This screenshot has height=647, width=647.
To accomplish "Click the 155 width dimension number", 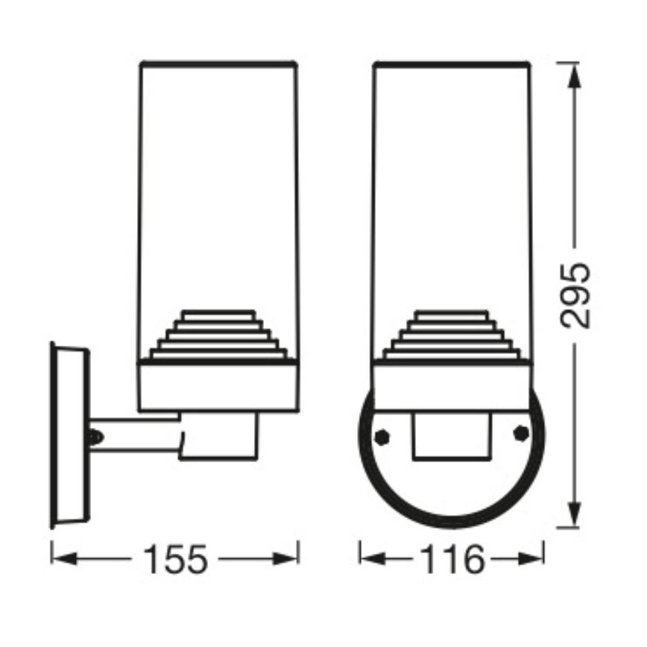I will pos(175,559).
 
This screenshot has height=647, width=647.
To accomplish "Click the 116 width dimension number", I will pos(452,559).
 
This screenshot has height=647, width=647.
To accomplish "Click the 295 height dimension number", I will pos(575,294).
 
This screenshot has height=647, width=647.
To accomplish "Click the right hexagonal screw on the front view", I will pos(521,433).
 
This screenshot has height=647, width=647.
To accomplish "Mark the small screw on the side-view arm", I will pos(93,436).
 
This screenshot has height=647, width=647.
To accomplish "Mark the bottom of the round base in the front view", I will pos(452,523).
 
